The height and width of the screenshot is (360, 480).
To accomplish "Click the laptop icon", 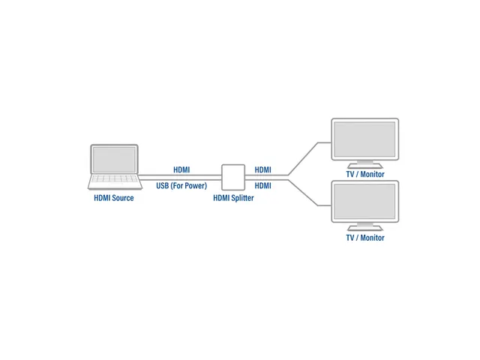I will tap(114, 166).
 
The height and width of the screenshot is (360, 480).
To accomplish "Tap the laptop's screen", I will tap(114, 159).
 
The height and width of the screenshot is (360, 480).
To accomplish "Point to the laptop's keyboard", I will tap(114, 181).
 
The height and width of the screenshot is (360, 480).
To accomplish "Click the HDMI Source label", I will tap(113, 198).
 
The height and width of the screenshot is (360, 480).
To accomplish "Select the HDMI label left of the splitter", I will tap(181, 170).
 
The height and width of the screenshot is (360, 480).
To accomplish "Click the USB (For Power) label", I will tap(181, 185).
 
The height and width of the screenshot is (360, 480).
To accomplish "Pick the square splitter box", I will tap(233, 177).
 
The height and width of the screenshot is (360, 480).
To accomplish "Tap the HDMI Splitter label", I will tap(233, 198).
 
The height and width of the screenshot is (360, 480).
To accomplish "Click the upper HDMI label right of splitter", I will tap(262, 170).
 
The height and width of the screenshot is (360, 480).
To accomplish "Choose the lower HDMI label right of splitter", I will tap(262, 185).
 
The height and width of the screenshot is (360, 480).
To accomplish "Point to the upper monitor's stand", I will tap(365, 164).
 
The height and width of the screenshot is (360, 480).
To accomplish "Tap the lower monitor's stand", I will tap(365, 227).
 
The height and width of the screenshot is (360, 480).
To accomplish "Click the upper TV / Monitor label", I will tap(365, 175).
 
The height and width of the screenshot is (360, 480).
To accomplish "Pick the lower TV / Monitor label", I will tap(365, 238).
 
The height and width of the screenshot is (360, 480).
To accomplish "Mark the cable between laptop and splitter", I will tap(180, 178).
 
